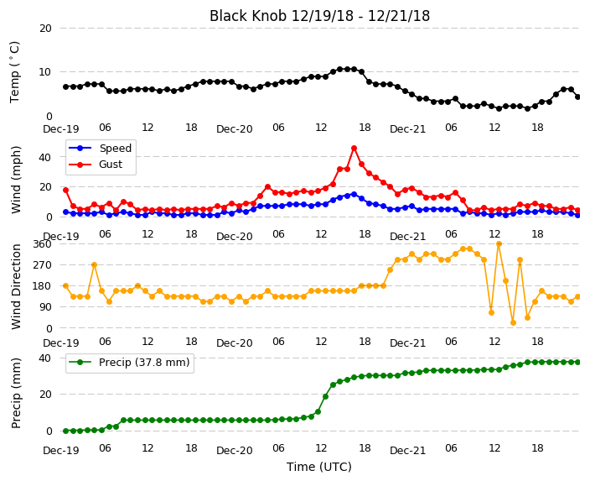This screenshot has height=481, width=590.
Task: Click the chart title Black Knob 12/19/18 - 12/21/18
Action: (319, 16)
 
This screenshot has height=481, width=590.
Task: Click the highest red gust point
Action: (354, 149)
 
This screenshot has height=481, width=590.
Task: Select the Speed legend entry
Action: (100, 148)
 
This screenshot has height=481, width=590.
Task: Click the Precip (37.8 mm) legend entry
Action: (129, 363)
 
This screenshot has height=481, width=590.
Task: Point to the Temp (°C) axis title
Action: (14, 72)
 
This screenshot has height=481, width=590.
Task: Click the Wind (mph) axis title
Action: (15, 180)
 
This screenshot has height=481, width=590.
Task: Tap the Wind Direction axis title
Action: (15, 286)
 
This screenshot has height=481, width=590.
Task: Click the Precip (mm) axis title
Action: (15, 393)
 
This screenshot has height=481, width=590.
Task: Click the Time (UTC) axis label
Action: (319, 467)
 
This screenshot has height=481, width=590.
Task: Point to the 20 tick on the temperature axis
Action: (45, 29)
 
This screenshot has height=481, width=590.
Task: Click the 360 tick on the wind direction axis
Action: (42, 244)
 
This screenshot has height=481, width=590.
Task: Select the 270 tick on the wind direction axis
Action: (42, 265)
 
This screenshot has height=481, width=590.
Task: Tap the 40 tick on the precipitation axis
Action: (45, 358)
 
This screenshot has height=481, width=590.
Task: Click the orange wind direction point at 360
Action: (499, 244)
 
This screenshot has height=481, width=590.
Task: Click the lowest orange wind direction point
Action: (513, 322)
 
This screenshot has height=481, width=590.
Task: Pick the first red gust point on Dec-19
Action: (66, 191)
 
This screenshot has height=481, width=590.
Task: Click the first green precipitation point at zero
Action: (66, 431)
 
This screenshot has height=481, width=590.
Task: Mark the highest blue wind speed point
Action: (354, 195)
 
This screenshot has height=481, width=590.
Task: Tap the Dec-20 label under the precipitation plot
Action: (235, 451)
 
